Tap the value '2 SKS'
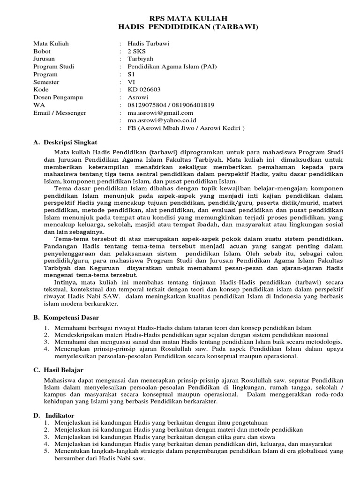137,51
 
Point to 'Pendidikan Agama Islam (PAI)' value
166,67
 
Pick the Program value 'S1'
132,74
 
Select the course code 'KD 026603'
144,90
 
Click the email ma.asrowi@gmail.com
157,112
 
